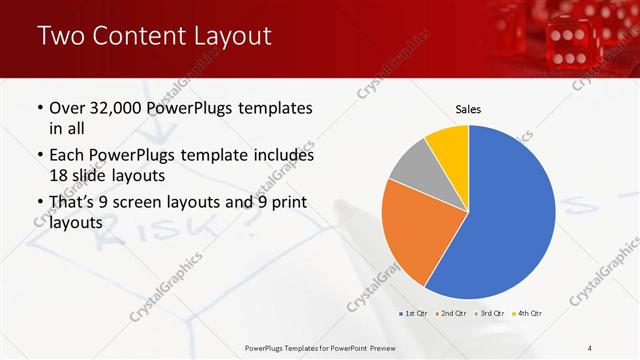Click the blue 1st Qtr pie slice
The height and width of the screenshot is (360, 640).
pyautogui.click(x=510, y=215)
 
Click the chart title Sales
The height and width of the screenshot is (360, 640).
pyautogui.click(x=469, y=108)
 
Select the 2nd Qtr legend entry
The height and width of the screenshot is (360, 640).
pyautogui.click(x=450, y=314)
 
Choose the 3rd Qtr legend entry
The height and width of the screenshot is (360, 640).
pyautogui.click(x=489, y=314)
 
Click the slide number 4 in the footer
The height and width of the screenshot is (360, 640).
pyautogui.click(x=589, y=347)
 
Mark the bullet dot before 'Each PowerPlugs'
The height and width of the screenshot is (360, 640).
pyautogui.click(x=39, y=157)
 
